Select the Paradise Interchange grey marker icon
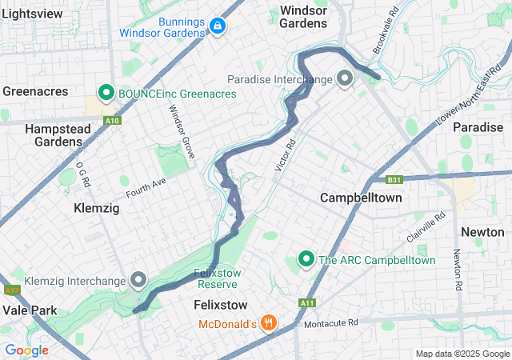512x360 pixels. coord(345,78)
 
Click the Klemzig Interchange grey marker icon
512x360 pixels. coord(138,280)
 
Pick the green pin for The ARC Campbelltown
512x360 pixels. coord(306,259)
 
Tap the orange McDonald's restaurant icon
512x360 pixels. coord(269,323)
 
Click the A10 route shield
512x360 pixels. coord(112,121)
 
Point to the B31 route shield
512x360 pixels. coord(393,180)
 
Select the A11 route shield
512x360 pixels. coord(307,303)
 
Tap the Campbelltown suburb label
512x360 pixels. coord(361,197)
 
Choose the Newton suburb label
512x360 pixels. coord(482,232)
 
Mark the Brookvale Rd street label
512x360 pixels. coord(385,33)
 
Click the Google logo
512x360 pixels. coord(27,350)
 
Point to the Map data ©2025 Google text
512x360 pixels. coord(462,354)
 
